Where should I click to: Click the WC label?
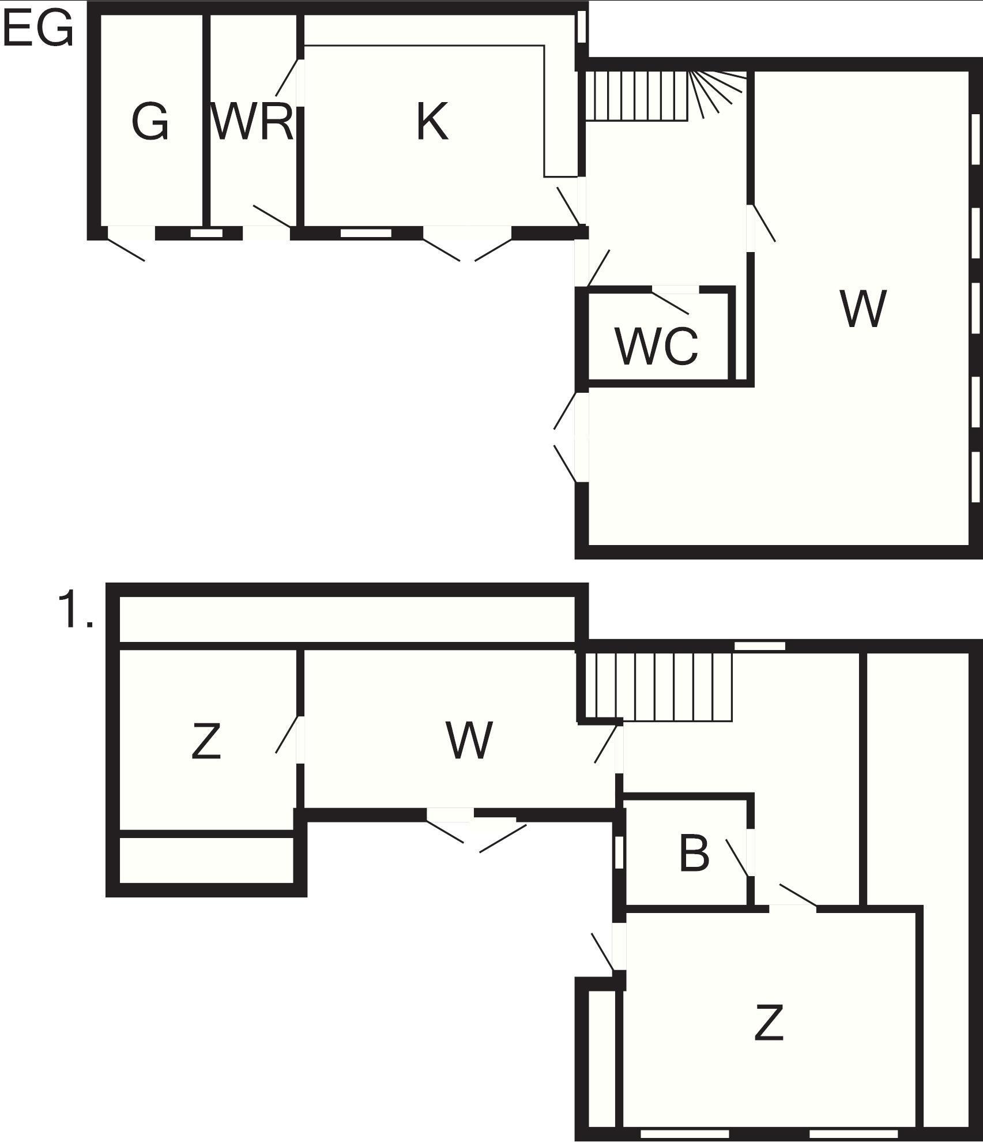click(657, 346)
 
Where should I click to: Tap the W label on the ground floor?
click(863, 309)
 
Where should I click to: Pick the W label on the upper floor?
click(469, 741)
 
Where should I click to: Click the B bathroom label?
click(694, 854)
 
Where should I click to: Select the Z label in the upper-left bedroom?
click(206, 742)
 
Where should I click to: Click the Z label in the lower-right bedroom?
click(769, 1022)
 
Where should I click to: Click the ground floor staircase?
click(666, 96)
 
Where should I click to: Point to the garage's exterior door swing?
click(126, 250)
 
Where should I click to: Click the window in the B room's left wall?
click(619, 852)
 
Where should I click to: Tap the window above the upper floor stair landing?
click(760, 647)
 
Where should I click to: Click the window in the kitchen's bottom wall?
click(366, 233)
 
